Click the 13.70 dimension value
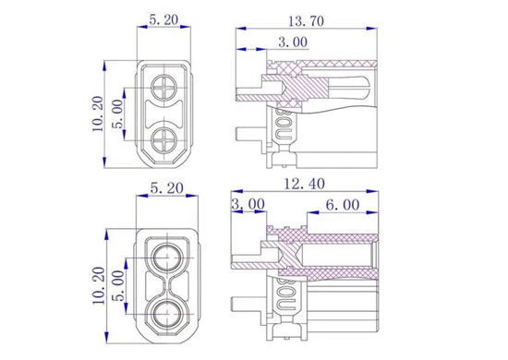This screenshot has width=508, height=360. tap(306, 21)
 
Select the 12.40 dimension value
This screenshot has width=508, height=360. tap(304, 184)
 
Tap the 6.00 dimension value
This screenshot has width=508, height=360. tap(343, 205)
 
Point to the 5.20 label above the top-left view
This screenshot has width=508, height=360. tap(163, 19)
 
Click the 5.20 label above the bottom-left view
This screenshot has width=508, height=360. tap(167, 188)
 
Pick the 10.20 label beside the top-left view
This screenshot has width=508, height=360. tap(98, 114)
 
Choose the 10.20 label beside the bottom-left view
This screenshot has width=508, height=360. tap(99, 285)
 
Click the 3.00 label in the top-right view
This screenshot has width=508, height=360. tap(293, 42)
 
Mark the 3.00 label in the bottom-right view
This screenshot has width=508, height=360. tap(248, 204)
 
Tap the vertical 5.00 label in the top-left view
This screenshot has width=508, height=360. tap(117, 114)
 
